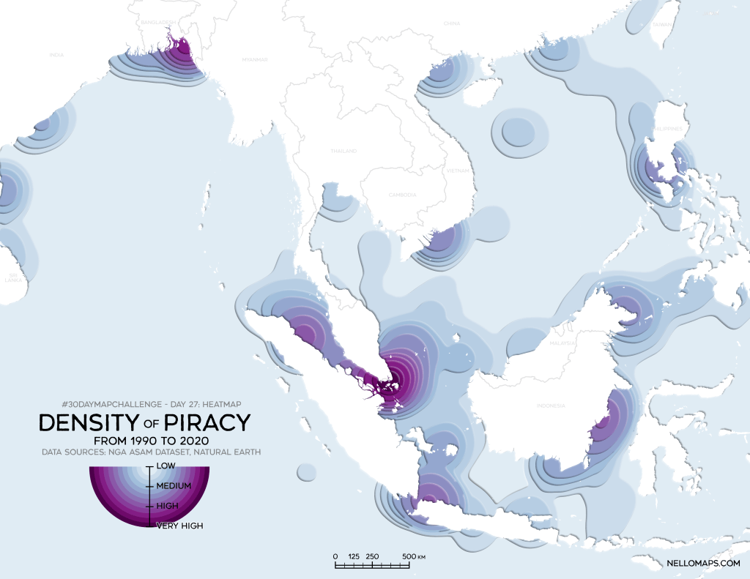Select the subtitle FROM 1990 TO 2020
pos(149,441)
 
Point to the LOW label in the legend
pos(166,466)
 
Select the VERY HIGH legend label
pos(179,525)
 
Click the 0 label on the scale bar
pos(335,556)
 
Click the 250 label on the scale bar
pos(371,556)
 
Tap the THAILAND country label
pos(344,151)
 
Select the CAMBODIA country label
pos(402,195)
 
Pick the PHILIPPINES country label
pos(669,129)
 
